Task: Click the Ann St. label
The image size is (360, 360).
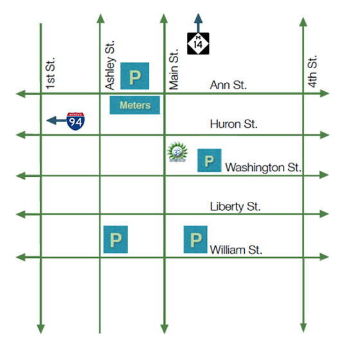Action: click(229, 85)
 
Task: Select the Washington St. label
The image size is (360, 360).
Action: click(264, 167)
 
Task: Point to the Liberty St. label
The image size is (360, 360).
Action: click(235, 206)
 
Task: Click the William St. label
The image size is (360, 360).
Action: click(236, 249)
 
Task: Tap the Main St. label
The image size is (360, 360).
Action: click(174, 69)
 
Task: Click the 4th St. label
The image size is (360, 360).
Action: click(313, 71)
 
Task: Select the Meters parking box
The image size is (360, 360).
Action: click(135, 105)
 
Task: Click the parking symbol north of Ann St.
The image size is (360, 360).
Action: click(135, 76)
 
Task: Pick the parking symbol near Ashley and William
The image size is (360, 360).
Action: click(116, 240)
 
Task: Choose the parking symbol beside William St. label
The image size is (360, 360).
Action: click(195, 240)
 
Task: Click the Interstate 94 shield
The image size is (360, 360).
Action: click(76, 120)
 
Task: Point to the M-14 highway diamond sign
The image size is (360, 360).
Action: click(197, 43)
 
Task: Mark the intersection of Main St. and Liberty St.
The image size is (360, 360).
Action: click(163, 213)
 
